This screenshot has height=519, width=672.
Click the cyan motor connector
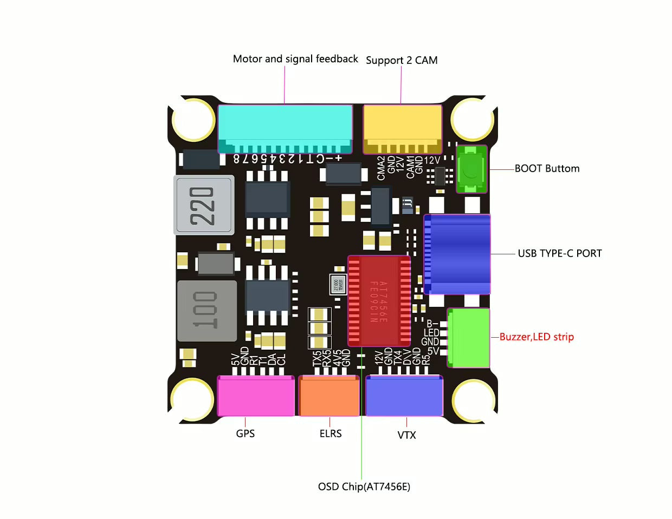(285, 129)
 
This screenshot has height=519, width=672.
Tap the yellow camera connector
(402, 129)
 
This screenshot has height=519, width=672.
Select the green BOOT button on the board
(471, 169)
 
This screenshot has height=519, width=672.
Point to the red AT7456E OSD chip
(379, 301)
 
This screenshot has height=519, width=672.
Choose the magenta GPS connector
(256, 396)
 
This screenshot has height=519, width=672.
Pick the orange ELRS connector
(329, 396)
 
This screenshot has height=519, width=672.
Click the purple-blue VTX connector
(404, 396)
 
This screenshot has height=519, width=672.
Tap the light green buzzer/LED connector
(469, 338)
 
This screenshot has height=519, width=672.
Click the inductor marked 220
(204, 205)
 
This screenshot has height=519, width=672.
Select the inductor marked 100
(207, 311)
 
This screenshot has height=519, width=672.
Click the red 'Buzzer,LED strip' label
(537, 337)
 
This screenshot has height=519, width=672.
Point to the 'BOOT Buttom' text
(547, 168)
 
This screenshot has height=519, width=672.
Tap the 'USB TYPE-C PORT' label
(560, 253)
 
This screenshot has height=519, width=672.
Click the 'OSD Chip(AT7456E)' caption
(364, 487)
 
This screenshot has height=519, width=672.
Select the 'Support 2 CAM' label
(402, 60)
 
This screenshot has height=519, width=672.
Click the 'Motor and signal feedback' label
(295, 58)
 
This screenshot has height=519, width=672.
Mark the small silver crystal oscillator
(338, 285)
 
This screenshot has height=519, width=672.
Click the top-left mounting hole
(193, 120)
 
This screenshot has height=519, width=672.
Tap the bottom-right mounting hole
(473, 400)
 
